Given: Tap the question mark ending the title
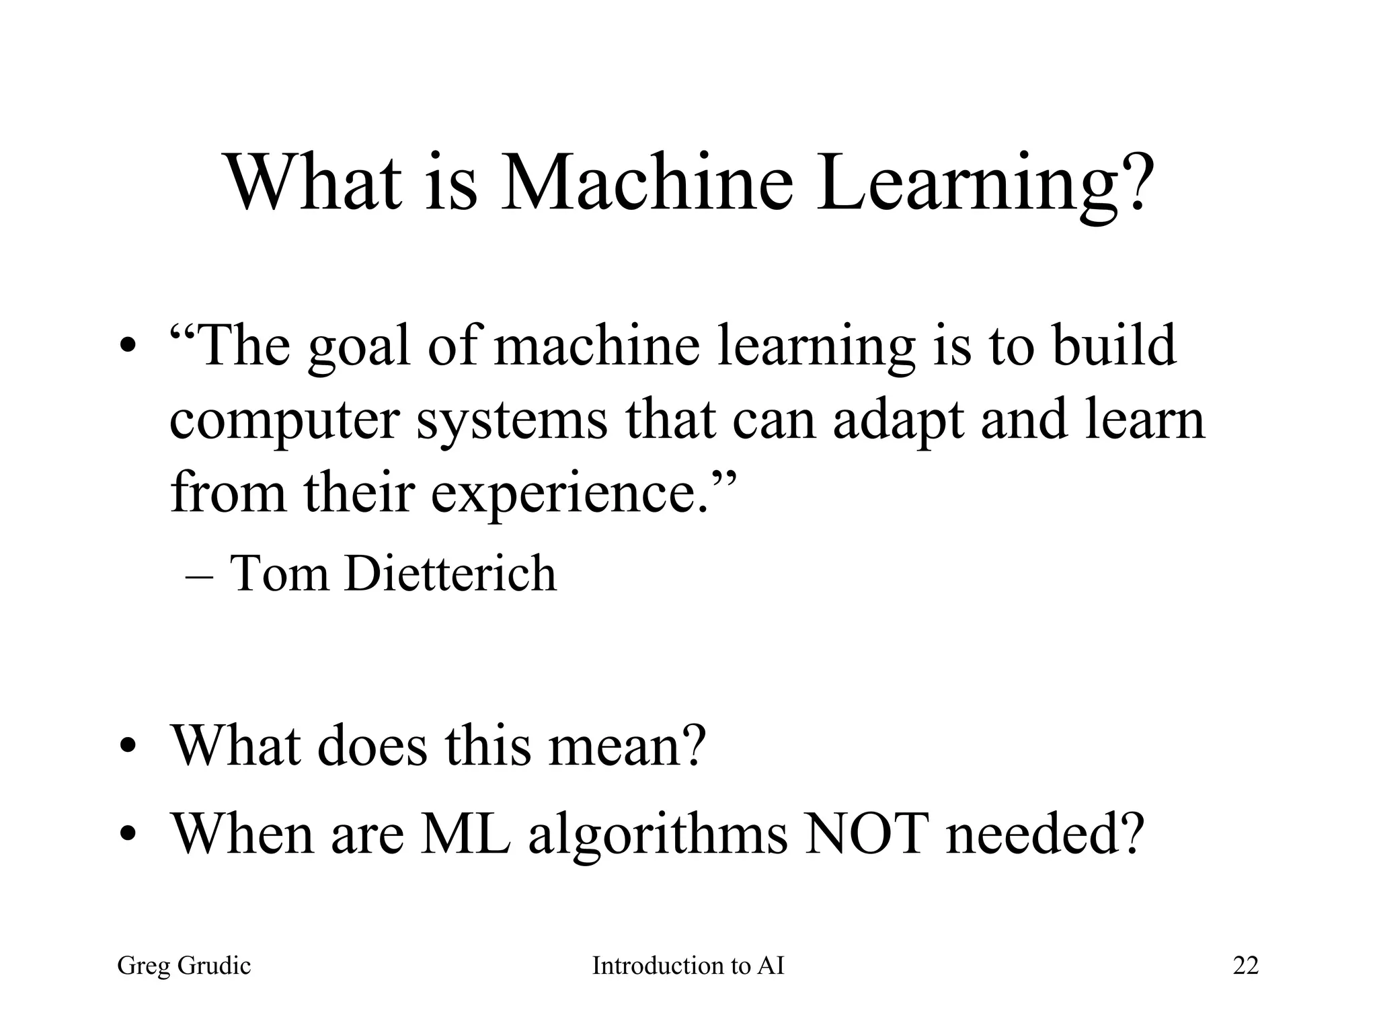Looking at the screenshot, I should point(1135,183).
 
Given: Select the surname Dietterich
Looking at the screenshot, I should point(450,574).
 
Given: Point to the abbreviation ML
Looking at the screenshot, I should point(465,834).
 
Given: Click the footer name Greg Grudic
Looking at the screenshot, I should point(184,966).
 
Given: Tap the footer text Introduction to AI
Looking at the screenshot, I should point(688,966).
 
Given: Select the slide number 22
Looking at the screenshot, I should point(1245,966).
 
